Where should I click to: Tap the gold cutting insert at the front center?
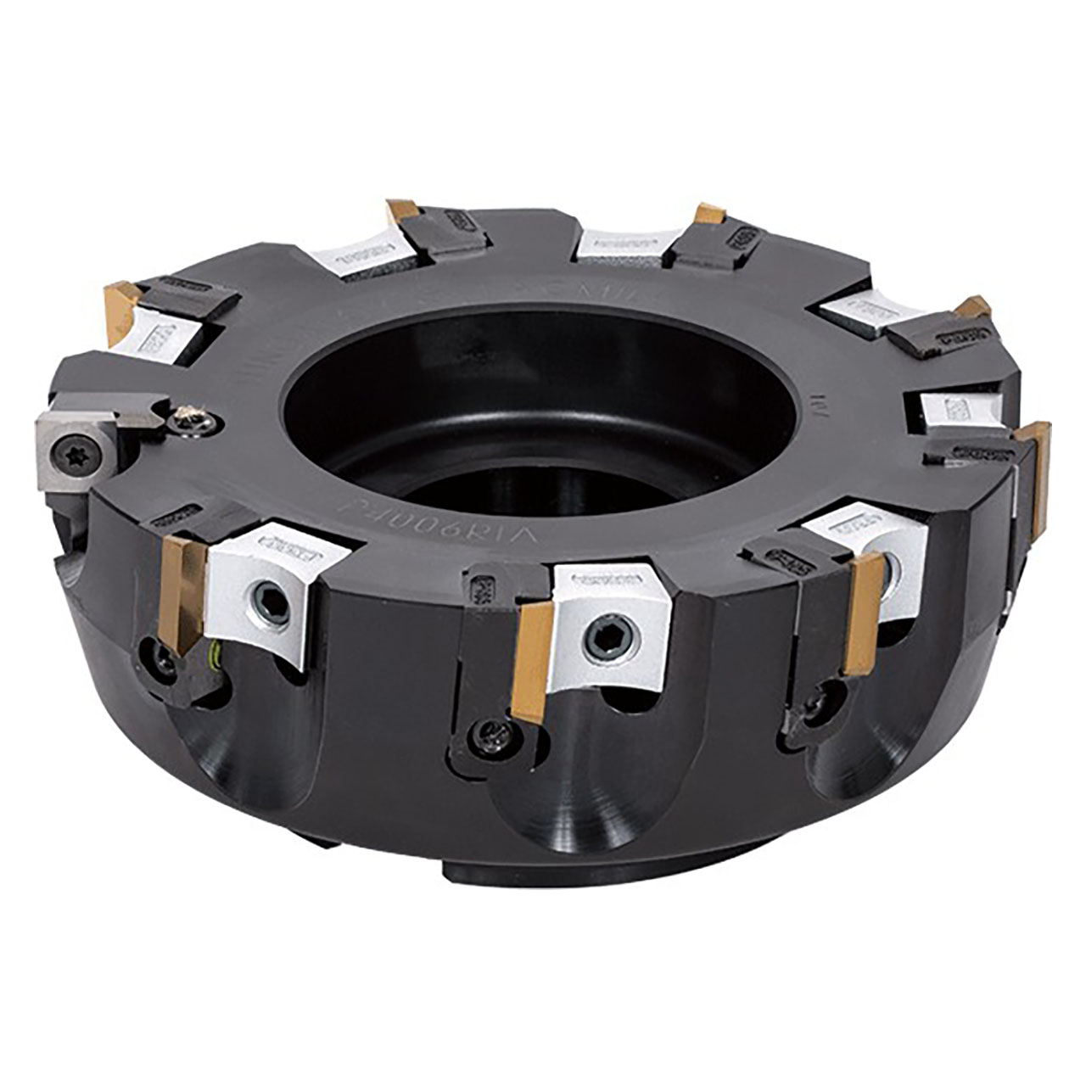(533, 663)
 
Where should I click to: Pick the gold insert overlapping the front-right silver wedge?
(864, 613)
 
